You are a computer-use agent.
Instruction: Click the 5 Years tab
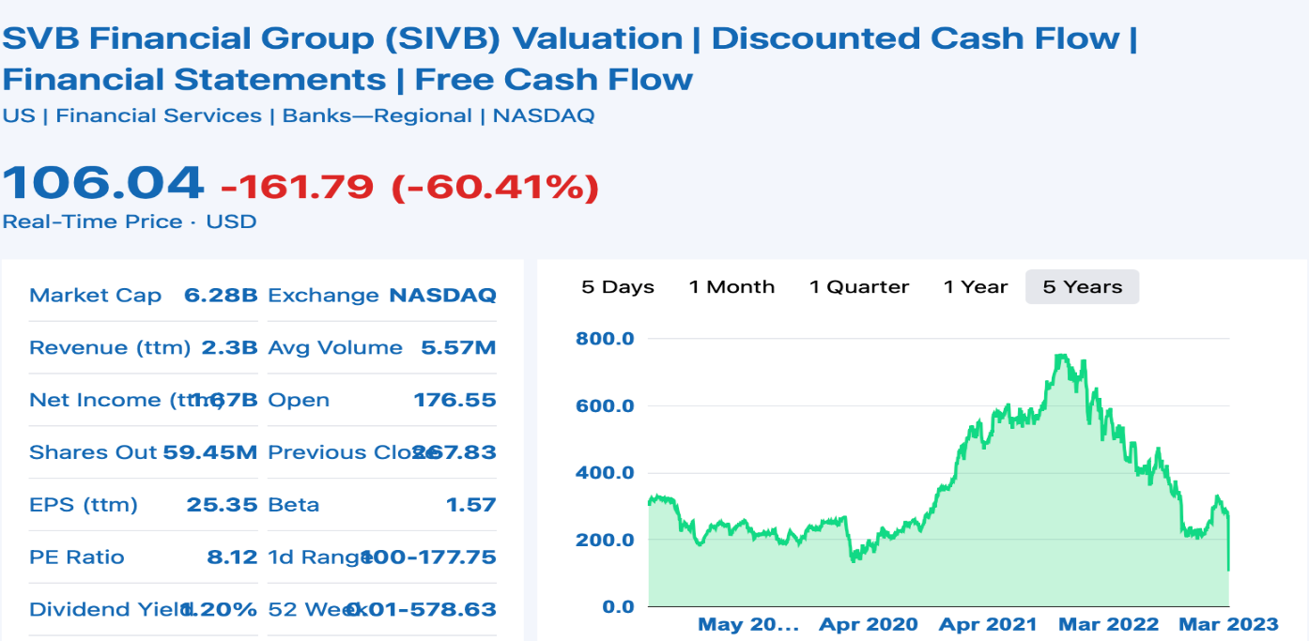coord(1082,287)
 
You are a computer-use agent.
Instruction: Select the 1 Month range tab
coord(731,287)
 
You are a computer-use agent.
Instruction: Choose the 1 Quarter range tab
coord(859,287)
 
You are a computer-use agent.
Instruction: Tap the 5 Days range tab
coord(618,287)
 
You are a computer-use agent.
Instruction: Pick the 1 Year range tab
coord(976,287)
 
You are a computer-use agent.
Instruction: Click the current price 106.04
coord(102,182)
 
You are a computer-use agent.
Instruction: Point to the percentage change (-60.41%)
coord(495,188)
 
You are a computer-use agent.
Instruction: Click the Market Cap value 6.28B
coord(221,296)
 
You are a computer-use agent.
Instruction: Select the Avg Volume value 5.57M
coord(458,348)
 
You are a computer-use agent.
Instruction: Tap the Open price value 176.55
coord(454,401)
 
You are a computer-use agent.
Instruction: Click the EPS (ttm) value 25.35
coord(222,505)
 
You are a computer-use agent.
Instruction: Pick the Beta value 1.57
coord(470,505)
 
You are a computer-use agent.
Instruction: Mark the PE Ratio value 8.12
coord(232,557)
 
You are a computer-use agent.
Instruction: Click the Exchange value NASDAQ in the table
coord(442,296)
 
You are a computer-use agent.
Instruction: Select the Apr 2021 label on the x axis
coord(988,625)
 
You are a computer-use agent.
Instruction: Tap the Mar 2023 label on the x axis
coord(1228,625)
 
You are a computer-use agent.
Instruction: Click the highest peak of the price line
coord(1061,355)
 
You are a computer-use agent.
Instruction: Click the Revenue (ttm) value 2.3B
coord(229,348)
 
